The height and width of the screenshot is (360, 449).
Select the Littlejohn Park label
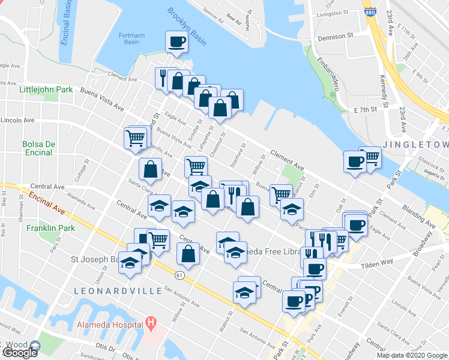pyautogui.click(x=46, y=89)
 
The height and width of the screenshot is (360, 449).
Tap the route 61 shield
pyautogui.click(x=179, y=275)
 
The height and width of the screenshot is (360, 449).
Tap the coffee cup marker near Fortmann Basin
pyautogui.click(x=176, y=42)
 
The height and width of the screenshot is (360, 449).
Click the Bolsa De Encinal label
pyautogui.click(x=38, y=149)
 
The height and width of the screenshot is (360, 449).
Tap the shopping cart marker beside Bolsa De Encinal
pyautogui.click(x=136, y=138)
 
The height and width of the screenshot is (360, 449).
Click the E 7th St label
pyautogui.click(x=365, y=110)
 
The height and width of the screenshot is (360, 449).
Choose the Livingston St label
pyautogui.click(x=333, y=13)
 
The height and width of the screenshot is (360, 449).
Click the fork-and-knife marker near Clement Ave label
pyautogui.click(x=163, y=77)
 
